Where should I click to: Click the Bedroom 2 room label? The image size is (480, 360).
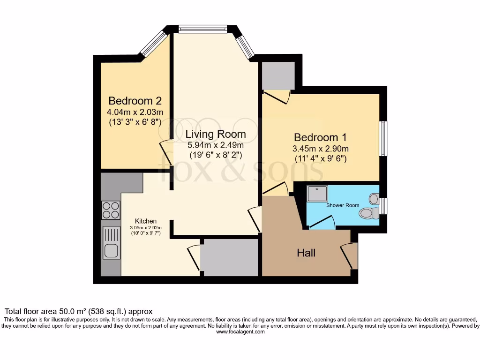(135, 101)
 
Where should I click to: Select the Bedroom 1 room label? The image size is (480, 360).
(321, 137)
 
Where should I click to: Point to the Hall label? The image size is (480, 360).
(306, 253)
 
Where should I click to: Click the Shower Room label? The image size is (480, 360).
(343, 205)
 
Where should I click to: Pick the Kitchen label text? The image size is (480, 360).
(146, 221)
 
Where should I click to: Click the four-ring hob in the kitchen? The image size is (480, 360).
(110, 210)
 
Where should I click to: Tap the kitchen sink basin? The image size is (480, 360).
(111, 251)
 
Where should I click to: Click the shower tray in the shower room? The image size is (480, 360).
(320, 193)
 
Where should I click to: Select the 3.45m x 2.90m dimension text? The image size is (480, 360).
(321, 149)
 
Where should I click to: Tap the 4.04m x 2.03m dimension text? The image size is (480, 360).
(135, 112)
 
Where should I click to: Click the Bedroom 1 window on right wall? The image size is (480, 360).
(383, 139)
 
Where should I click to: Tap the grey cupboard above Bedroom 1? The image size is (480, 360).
(278, 75)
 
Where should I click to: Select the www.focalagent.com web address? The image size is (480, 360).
(240, 331)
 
